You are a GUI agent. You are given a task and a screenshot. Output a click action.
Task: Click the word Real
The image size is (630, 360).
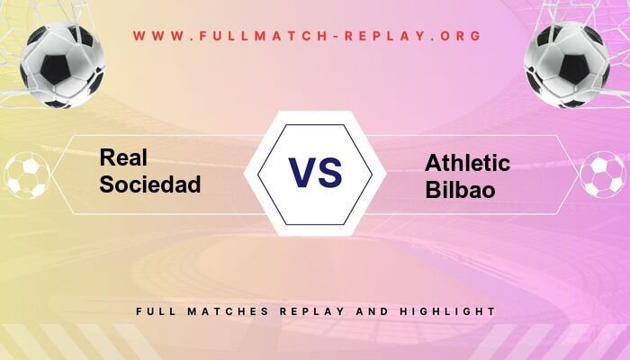(123, 158)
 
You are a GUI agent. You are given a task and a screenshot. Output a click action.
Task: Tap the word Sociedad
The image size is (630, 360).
(150, 184)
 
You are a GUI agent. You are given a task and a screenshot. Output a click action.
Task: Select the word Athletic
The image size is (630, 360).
(467, 164)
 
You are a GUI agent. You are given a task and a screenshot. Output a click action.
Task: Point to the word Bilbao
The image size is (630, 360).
(459, 190)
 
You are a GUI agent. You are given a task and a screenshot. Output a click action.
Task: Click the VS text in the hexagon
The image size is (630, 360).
(315, 172)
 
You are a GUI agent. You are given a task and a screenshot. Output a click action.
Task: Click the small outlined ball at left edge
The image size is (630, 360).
(26, 175)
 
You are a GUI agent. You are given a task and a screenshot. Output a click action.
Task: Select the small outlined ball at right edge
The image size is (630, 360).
(602, 175)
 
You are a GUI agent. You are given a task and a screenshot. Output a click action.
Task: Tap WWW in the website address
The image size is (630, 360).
(159, 37)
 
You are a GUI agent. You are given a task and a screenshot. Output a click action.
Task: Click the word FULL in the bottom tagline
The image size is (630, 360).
(155, 311)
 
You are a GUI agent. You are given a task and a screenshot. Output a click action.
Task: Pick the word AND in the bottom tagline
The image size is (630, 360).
(370, 311)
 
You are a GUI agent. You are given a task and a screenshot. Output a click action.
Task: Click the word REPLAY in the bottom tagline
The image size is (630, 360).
(310, 311)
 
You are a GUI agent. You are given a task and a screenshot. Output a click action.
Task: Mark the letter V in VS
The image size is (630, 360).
(301, 172)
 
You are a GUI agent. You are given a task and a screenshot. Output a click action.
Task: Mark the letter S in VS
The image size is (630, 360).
(330, 172)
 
